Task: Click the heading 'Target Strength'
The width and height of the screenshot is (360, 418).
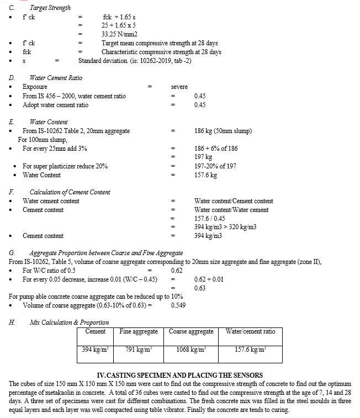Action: [x=50, y=8]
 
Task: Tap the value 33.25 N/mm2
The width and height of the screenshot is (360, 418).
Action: [x=120, y=34]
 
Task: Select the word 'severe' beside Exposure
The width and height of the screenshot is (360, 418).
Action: [x=180, y=87]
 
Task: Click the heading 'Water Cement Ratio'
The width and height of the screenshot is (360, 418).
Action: [x=56, y=78]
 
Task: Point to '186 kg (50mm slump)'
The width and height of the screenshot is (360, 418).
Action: [x=223, y=131]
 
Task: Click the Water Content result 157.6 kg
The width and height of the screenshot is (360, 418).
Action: [x=205, y=175]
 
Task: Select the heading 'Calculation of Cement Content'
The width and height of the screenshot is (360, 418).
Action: [x=70, y=192]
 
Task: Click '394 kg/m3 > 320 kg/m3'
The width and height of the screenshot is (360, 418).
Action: [x=225, y=227]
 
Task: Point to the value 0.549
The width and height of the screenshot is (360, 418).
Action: [x=179, y=305]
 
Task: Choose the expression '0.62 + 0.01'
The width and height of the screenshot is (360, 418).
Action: [x=209, y=279]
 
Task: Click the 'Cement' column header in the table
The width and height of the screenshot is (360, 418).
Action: [x=96, y=331]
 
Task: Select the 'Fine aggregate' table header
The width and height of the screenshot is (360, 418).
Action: [x=139, y=331]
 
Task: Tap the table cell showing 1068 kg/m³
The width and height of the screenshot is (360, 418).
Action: [x=190, y=350]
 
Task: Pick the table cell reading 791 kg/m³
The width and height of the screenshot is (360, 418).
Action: [x=138, y=350]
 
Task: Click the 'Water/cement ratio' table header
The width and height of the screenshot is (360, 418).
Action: [x=251, y=331]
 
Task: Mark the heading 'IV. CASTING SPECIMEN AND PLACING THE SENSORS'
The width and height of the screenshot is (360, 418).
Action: [x=179, y=375]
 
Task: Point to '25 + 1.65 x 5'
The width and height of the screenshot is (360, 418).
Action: [x=119, y=25]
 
